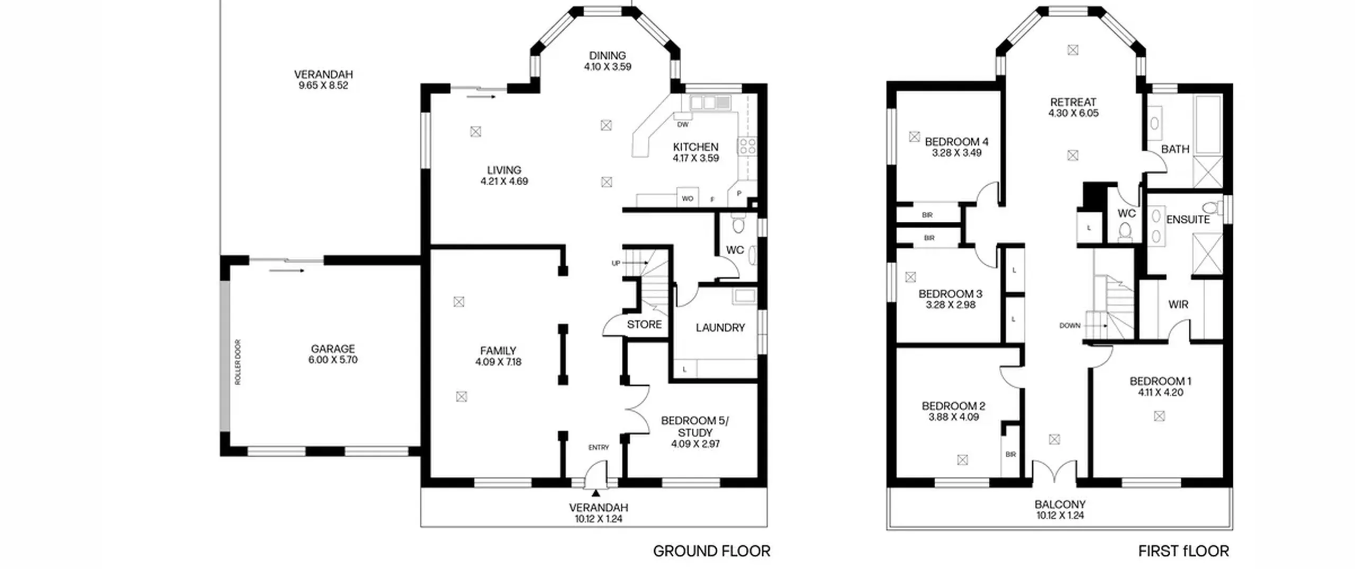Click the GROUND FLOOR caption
pos(711,551)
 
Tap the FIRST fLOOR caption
pos(1184,551)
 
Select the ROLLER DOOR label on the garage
pos(238,362)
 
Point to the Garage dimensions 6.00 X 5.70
pos(333,360)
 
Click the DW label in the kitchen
pos(683,125)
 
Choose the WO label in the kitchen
pos(688,199)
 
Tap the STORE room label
pos(644,324)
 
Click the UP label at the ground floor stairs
pos(616,263)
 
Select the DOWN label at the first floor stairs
pos(1070,326)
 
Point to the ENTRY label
pos(599,447)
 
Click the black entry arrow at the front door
pos(596,493)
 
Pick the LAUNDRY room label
pos(720,328)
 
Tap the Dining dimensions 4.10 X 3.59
pos(608,67)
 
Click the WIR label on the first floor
pos(1178,304)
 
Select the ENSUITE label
pos(1188,219)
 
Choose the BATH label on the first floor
pos(1175,149)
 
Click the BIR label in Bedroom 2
pos(1010,454)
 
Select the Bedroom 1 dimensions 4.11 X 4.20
pos(1160,392)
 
